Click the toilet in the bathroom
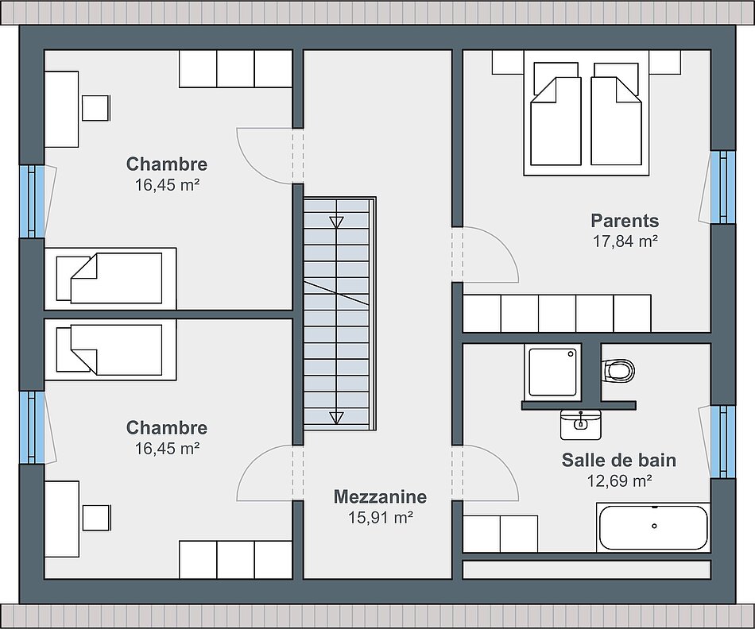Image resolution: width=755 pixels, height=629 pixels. click(618, 371)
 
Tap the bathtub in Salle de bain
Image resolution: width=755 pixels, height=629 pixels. click(653, 527)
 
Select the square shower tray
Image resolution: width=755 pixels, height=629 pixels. click(552, 372)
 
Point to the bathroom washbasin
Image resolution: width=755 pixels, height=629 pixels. click(581, 424)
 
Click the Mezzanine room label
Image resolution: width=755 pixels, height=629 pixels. click(380, 496)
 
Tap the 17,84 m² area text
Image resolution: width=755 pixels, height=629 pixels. click(625, 241)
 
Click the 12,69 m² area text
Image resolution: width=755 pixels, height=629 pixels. click(619, 480)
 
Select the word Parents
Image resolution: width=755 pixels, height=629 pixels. click(625, 221)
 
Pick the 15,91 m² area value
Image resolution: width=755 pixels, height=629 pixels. click(380, 517)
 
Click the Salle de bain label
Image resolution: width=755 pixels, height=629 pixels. click(619, 460)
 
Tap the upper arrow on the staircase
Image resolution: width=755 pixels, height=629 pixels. click(337, 222)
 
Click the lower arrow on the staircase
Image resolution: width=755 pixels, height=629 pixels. click(337, 417)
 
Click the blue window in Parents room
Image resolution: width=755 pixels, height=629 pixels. click(722, 187)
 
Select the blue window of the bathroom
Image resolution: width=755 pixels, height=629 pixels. click(722, 442)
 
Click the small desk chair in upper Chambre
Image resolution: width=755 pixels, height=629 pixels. click(96, 108)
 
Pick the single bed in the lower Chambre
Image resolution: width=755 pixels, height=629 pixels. click(110, 350)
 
